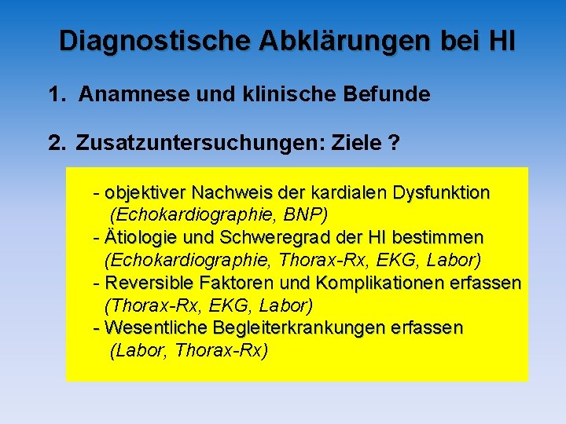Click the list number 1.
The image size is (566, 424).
pos(54,95)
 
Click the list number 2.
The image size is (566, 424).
pos(55,143)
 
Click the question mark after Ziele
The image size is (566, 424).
pos(393,143)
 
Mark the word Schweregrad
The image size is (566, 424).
pos(264,237)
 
